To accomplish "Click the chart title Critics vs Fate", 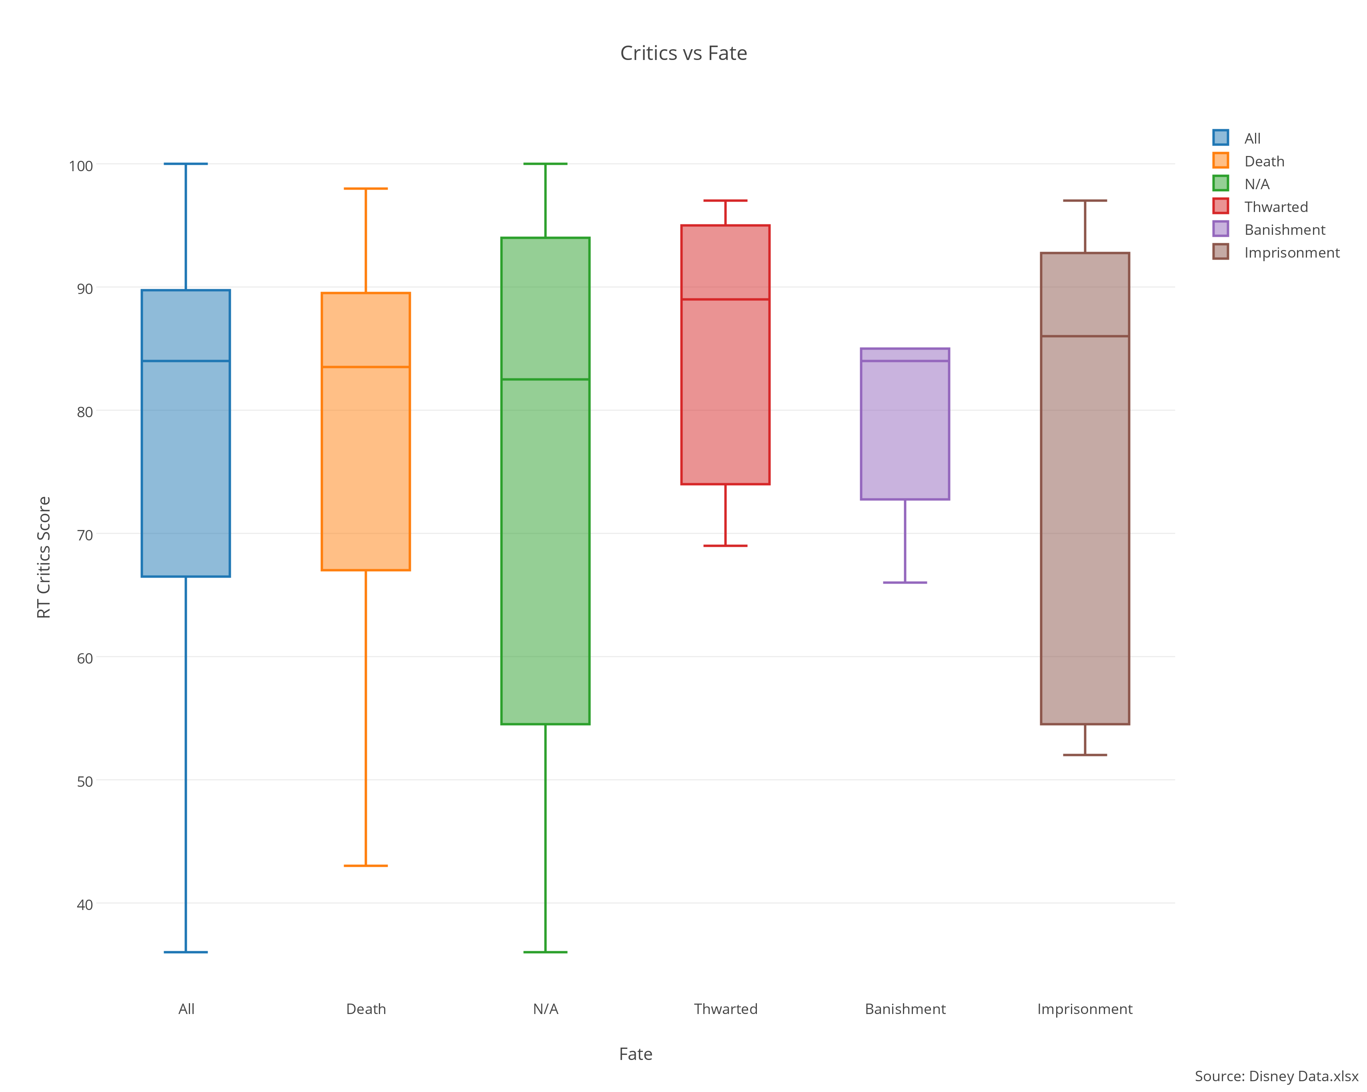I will [x=683, y=53].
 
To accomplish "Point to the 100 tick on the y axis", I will [x=80, y=166].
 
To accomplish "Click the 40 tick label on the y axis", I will [x=84, y=904].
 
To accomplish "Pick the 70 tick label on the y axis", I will [x=84, y=535].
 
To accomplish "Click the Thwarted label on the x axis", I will [x=725, y=1008].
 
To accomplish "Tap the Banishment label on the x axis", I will [x=905, y=1008].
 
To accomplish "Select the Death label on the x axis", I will [x=366, y=1008].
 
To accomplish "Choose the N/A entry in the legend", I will [x=1256, y=184].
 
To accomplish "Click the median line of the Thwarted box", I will [x=725, y=299].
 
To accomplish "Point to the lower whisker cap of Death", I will [x=366, y=865].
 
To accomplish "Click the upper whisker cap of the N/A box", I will [x=545, y=164].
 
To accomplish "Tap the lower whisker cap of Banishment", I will [x=905, y=582].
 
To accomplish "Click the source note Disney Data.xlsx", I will [x=1276, y=1076].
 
